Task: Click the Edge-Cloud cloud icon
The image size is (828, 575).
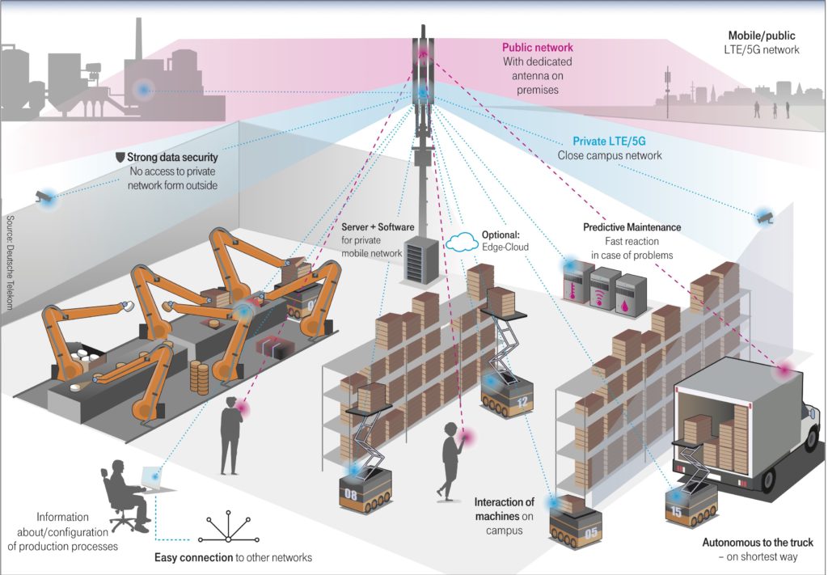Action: pyautogui.click(x=462, y=241)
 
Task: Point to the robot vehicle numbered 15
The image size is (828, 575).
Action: pyautogui.click(x=691, y=505)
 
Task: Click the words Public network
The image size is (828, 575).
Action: pyautogui.click(x=537, y=48)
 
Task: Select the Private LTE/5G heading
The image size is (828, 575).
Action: pyautogui.click(x=609, y=141)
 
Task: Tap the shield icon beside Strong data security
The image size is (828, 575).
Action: pyautogui.click(x=120, y=157)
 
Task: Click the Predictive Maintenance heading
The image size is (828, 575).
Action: pyautogui.click(x=632, y=227)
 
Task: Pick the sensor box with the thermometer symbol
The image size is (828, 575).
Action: pyautogui.click(x=578, y=282)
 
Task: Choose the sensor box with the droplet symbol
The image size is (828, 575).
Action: pyautogui.click(x=630, y=296)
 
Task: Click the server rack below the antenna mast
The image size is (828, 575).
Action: pyautogui.click(x=420, y=260)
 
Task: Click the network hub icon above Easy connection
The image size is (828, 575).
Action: pyautogui.click(x=229, y=527)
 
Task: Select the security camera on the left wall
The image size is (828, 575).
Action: pyautogui.click(x=44, y=197)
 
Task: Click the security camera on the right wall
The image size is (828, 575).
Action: pyautogui.click(x=765, y=218)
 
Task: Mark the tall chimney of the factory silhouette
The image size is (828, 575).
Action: pyautogui.click(x=139, y=39)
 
